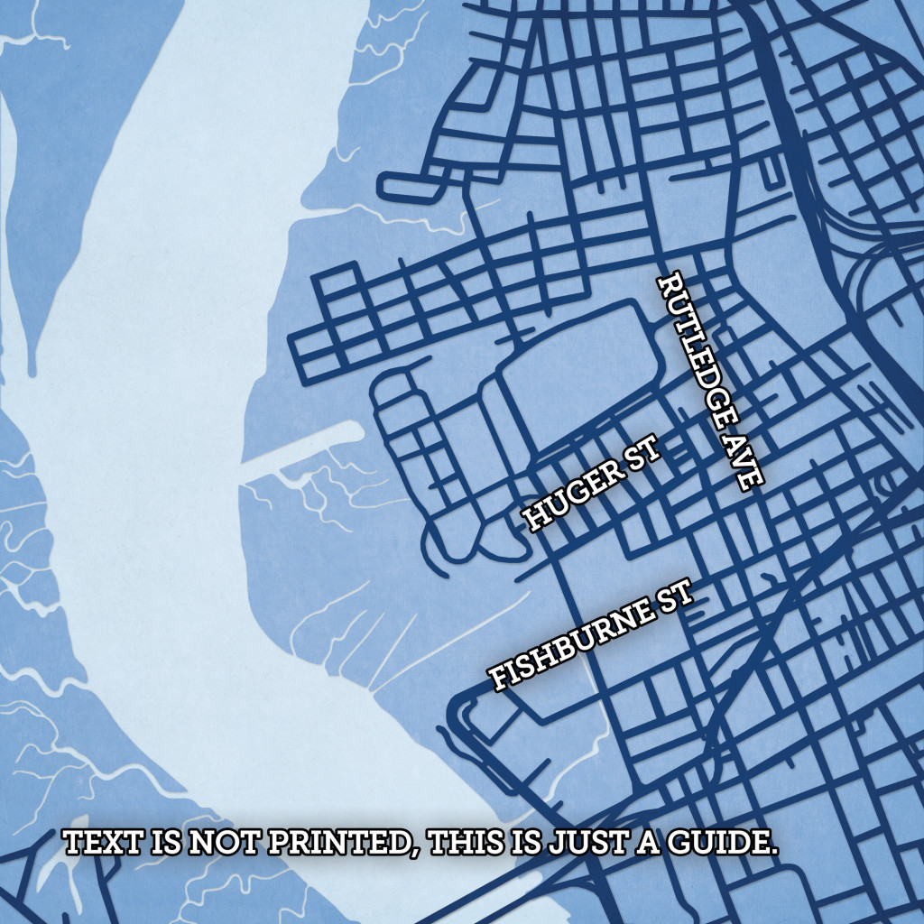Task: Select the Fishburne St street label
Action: tap(591, 637)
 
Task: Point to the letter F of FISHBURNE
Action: tap(500, 679)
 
